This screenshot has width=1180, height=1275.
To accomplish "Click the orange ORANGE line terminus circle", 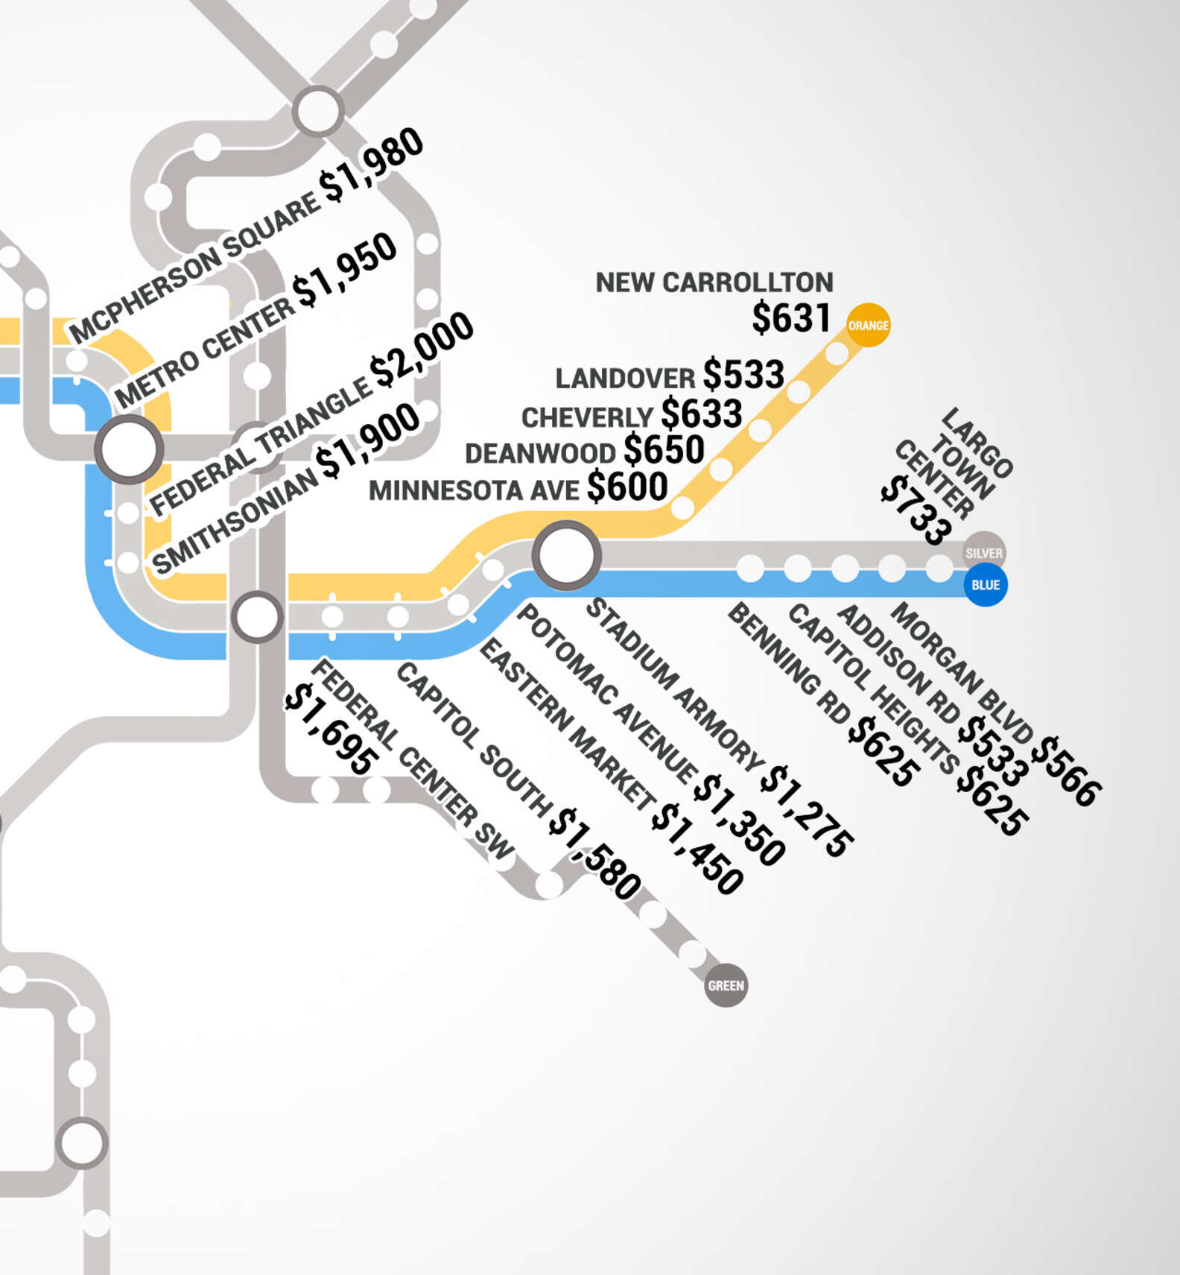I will coord(868,326).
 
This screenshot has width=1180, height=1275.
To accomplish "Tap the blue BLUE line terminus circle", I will coord(985,585).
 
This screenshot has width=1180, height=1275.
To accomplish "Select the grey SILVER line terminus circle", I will coord(984,553).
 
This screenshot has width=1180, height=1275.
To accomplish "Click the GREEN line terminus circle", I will coord(726,986).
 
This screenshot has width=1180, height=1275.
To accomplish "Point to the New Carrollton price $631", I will coord(790,318).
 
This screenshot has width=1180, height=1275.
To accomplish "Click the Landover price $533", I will coord(743,375).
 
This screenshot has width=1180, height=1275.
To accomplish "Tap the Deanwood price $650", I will coord(664,450).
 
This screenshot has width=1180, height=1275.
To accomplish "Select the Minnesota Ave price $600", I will coord(627,487).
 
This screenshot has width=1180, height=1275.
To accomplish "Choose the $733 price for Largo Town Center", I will coord(916,511).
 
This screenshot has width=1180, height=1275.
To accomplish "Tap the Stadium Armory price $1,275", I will coord(807,811).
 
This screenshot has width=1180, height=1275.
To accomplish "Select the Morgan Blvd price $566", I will coord(1070,771).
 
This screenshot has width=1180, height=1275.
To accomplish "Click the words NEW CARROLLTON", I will coord(714,283).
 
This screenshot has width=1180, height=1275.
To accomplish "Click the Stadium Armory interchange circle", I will coord(566,555).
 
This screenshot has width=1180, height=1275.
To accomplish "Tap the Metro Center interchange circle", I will coord(129,449).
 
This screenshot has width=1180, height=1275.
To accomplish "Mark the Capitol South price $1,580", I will coord(594,854).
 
